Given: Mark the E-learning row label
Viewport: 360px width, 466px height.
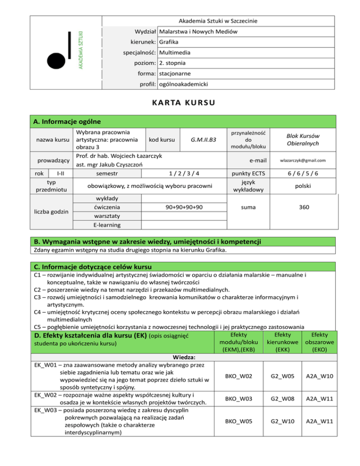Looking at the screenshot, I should pyautogui.click(x=107, y=225).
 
